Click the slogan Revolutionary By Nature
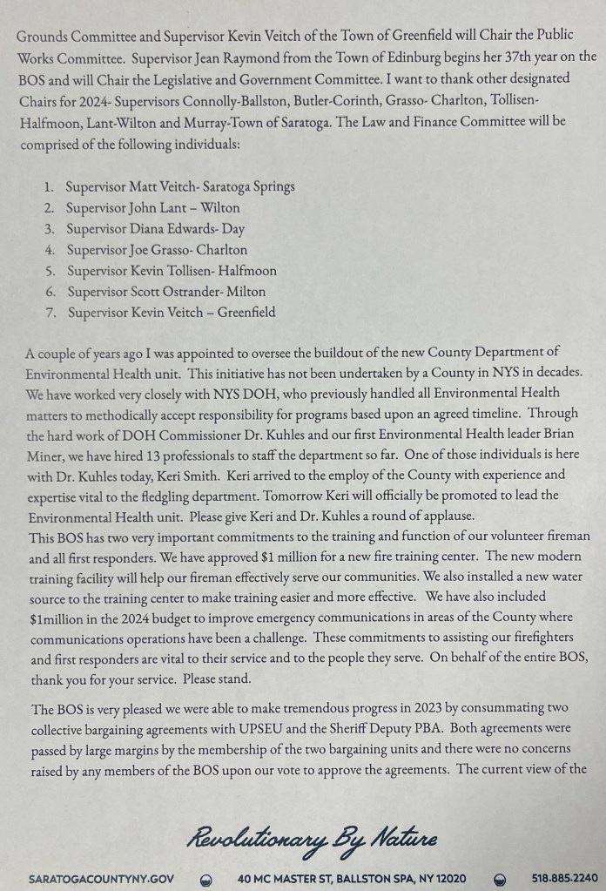pos(311,839)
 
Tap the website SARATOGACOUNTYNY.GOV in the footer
pos(101,878)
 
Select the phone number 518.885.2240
pos(564,878)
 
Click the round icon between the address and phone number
pos(500,879)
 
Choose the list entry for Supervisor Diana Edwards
pos(156,229)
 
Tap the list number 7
pos(49,314)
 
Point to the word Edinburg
pos(361,57)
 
